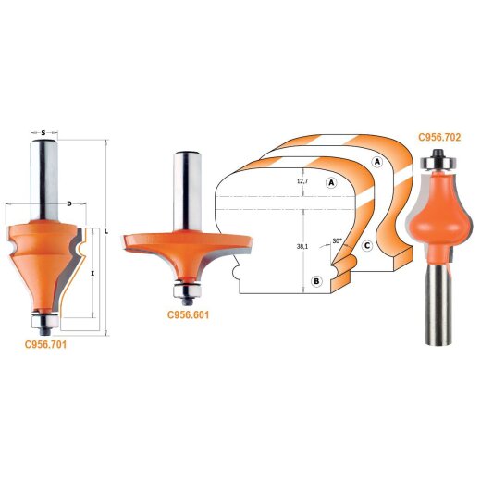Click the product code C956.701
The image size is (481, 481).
click(45, 344)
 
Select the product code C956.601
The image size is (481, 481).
click(188, 314)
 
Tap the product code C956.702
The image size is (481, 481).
click(439, 137)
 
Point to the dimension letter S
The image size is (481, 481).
click(43, 133)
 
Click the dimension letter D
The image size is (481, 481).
click(69, 203)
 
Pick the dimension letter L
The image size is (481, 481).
click(106, 231)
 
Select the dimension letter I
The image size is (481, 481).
click(92, 273)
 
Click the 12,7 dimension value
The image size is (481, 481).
click(302, 181)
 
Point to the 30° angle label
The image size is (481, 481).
click(338, 240)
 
